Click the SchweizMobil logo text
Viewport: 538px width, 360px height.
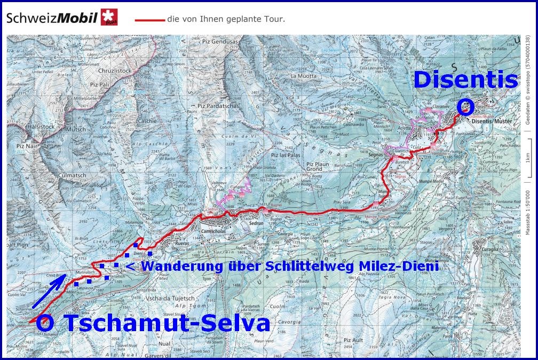point(52,19)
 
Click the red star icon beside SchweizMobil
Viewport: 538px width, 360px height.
point(109,17)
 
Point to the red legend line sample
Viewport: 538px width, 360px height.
point(149,20)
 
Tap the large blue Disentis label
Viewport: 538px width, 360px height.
point(466,80)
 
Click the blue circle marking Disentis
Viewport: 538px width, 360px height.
point(465,107)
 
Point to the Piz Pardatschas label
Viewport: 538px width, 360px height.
point(217,106)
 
